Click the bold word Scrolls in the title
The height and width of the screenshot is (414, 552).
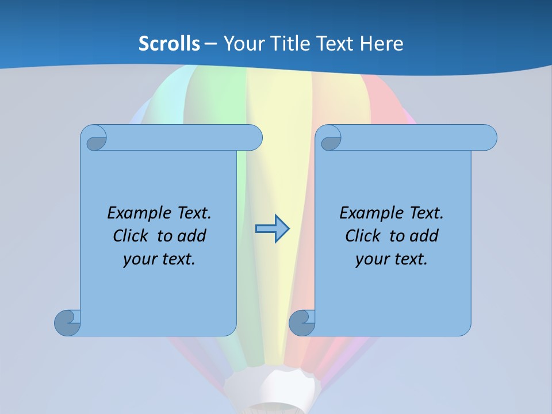[x=169, y=44]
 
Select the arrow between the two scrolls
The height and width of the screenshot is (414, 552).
[x=272, y=229]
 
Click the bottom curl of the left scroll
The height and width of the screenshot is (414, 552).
[x=67, y=323]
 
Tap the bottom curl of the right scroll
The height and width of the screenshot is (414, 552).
[x=302, y=323]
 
